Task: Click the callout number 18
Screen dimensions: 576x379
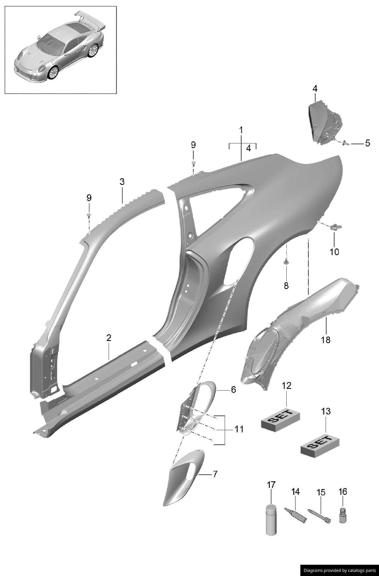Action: (326, 340)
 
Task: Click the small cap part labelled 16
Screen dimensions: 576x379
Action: (343, 515)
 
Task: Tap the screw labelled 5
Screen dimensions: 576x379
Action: (345, 143)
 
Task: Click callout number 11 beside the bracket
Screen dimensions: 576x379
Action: (239, 429)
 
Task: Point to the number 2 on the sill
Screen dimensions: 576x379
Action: (109, 338)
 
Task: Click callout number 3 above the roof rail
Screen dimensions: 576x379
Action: (122, 182)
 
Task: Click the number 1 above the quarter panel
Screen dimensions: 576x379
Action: (241, 130)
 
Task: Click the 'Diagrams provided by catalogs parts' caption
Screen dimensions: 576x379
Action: (339, 570)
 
